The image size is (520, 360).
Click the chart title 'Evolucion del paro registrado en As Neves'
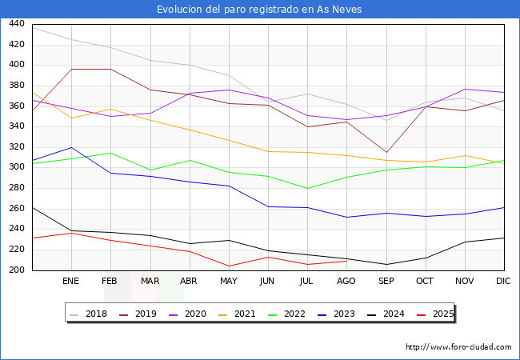click(259, 10)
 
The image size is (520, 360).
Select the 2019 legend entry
click(141, 314)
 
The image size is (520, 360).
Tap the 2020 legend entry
click(190, 314)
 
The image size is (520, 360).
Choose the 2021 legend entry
click(240, 314)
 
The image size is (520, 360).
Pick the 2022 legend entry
click(290, 314)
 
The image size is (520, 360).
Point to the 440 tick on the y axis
click(15, 24)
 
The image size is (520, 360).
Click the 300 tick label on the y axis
click(15, 167)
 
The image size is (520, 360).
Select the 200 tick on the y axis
click(15, 270)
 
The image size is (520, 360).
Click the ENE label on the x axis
click(71, 282)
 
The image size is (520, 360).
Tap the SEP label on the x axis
click(386, 282)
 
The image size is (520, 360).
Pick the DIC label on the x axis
click(504, 282)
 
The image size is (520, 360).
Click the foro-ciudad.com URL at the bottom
click(458, 347)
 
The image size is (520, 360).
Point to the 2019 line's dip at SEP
click(386, 153)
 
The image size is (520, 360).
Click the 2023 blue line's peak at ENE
click(71, 147)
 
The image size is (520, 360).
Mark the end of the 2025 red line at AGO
click(347, 261)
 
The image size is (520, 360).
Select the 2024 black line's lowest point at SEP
click(386, 265)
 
